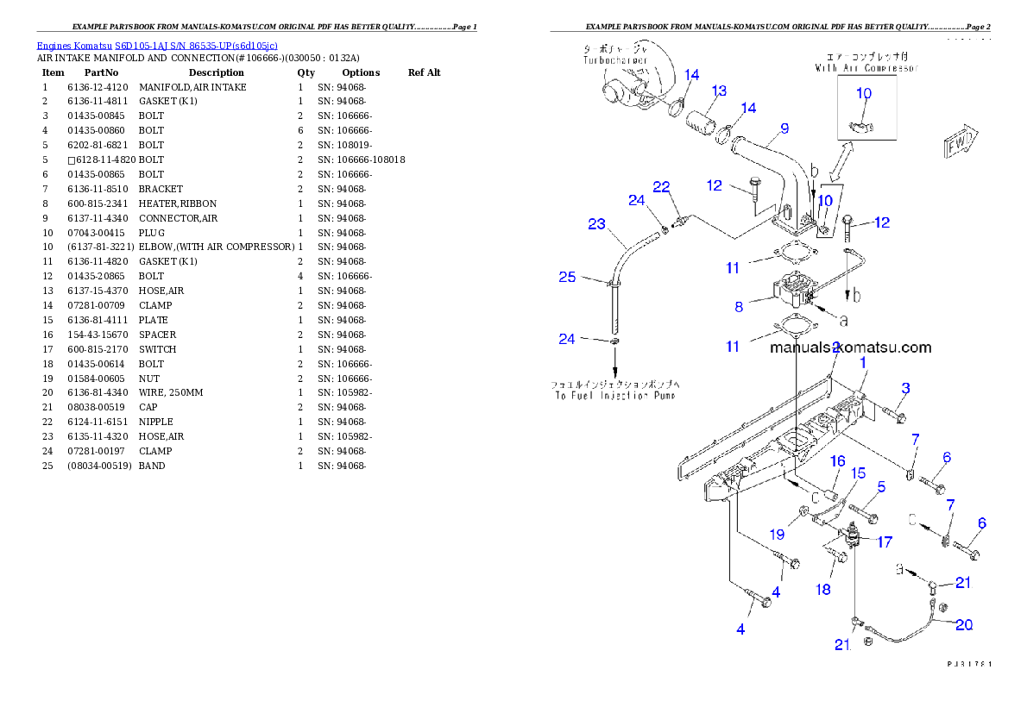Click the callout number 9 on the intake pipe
(784, 129)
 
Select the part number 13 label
(719, 91)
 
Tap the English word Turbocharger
(614, 61)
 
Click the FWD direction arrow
(960, 143)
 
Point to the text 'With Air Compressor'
(866, 67)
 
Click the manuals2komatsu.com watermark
(850, 348)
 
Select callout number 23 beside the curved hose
(597, 224)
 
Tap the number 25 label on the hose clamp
(567, 277)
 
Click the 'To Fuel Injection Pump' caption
(614, 395)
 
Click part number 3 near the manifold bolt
(905, 387)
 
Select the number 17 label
(884, 542)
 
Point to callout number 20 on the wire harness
(963, 625)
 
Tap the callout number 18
(823, 590)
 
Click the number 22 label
(661, 187)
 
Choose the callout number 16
(837, 462)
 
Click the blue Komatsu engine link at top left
(157, 45)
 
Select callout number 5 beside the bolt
(880, 487)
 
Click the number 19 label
(778, 535)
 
